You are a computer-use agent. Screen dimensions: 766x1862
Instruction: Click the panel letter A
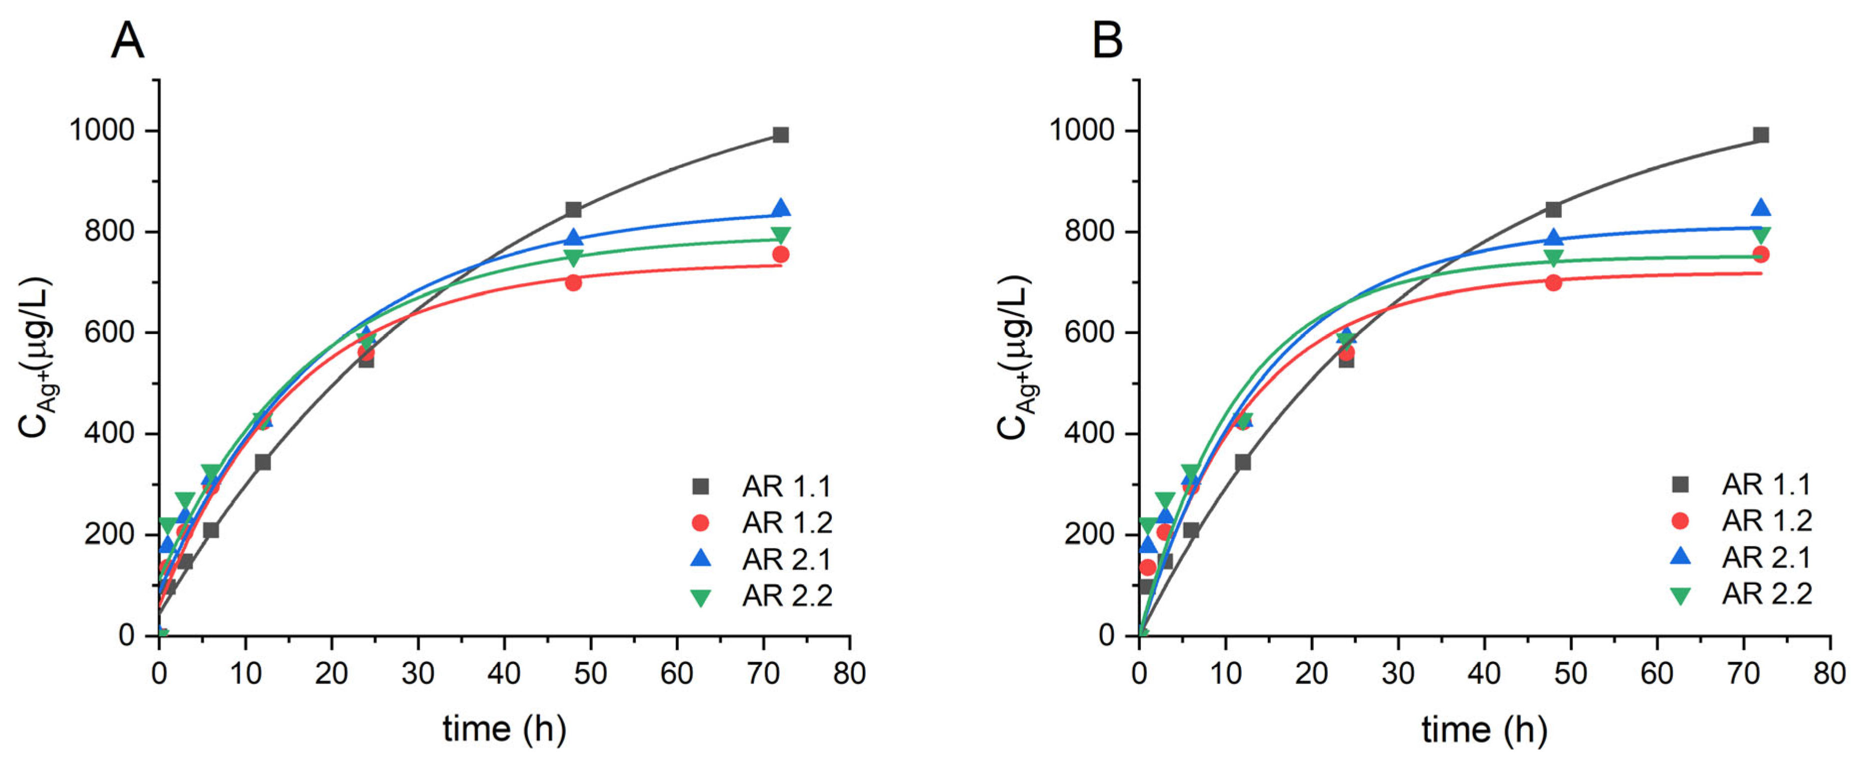pyautogui.click(x=127, y=40)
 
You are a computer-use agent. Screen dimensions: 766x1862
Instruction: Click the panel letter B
pyautogui.click(x=1107, y=40)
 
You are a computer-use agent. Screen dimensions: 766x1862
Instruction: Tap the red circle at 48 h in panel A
pyautogui.click(x=573, y=282)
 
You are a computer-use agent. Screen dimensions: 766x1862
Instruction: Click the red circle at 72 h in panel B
pyautogui.click(x=1761, y=254)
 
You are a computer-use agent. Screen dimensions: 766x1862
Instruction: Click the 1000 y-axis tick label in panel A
pyautogui.click(x=102, y=131)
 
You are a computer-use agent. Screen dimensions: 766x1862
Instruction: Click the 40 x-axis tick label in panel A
pyautogui.click(x=504, y=673)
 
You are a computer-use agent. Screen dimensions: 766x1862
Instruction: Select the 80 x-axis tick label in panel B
pyautogui.click(x=1829, y=673)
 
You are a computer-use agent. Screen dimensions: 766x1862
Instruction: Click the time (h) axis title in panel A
pyautogui.click(x=504, y=728)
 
